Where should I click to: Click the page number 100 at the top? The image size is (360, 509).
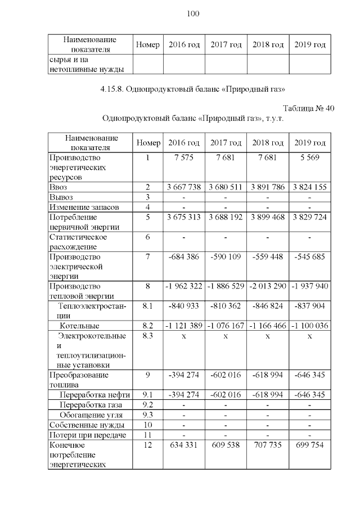click(x=192, y=13)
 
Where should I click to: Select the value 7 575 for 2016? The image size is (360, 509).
click(x=184, y=158)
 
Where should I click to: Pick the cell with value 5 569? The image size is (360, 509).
click(x=310, y=158)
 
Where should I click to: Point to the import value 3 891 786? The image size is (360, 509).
click(x=268, y=187)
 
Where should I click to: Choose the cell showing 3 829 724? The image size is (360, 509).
click(x=310, y=217)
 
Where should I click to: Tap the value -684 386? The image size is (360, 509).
click(x=184, y=256)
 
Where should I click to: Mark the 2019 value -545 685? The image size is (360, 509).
click(x=310, y=256)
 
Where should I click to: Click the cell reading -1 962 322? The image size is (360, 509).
click(x=184, y=286)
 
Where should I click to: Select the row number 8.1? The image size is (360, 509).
click(x=148, y=306)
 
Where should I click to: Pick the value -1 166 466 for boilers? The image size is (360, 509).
click(x=268, y=326)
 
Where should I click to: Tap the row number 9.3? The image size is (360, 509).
click(x=148, y=415)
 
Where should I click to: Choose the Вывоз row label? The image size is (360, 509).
click(x=61, y=197)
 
